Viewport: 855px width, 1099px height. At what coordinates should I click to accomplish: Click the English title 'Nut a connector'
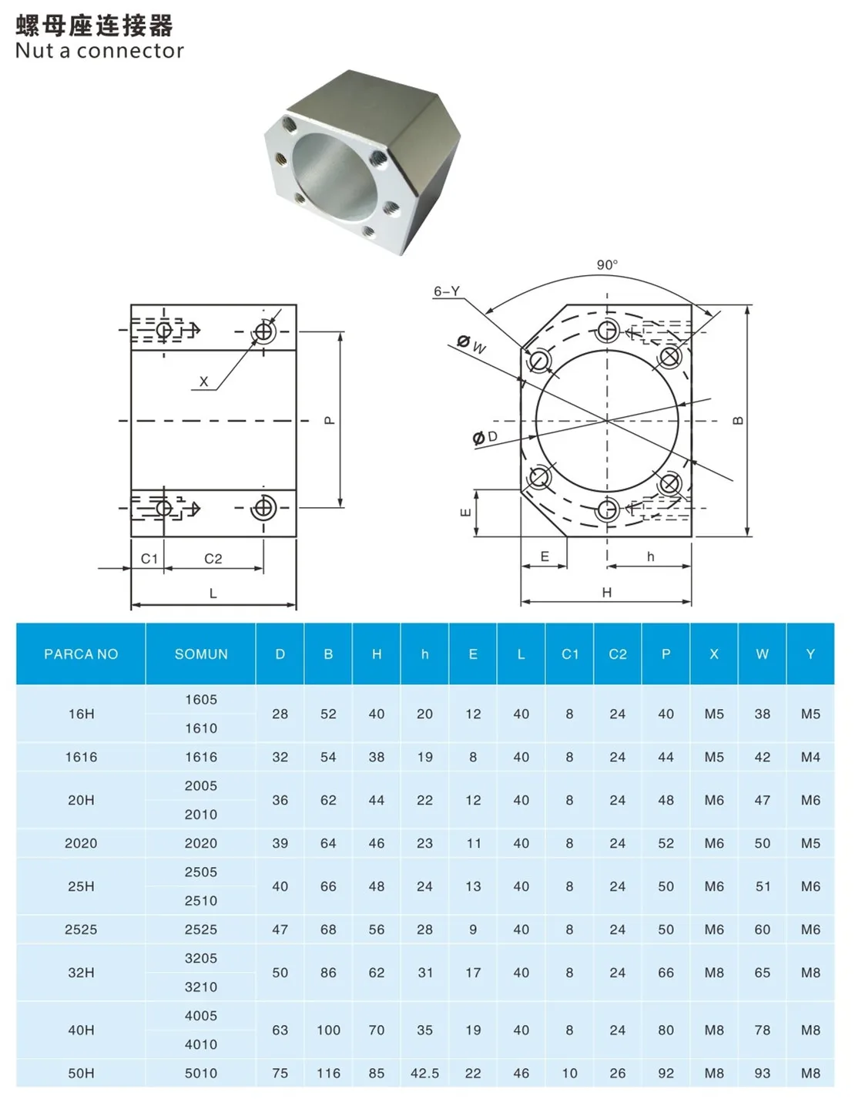[99, 51]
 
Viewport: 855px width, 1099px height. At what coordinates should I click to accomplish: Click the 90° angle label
[607, 264]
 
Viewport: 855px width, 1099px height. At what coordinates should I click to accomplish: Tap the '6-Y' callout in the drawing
[447, 291]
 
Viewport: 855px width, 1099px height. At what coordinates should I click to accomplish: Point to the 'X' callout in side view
[203, 381]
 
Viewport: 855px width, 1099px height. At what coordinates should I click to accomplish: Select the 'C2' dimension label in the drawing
[213, 559]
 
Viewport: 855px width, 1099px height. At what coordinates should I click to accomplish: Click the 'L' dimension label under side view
[213, 593]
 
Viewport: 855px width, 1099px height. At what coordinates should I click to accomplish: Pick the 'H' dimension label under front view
[607, 592]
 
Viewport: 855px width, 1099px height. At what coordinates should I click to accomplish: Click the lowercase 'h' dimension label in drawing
[651, 556]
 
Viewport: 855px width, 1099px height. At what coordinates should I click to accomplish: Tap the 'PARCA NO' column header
[81, 654]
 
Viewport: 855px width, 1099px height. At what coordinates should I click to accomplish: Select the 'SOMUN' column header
[201, 654]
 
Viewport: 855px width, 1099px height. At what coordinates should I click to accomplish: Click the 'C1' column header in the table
[569, 654]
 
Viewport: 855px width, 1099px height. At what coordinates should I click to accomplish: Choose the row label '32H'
[81, 973]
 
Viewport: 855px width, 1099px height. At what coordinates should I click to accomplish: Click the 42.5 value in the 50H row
[424, 1073]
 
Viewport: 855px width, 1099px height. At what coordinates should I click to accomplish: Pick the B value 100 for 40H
[328, 1030]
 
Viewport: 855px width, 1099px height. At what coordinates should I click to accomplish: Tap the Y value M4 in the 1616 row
[810, 757]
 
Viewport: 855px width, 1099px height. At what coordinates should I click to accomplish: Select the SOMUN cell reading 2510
[201, 900]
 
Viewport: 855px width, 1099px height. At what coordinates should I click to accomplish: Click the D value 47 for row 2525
[280, 929]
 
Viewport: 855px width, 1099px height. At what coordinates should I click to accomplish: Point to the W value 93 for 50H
[763, 1073]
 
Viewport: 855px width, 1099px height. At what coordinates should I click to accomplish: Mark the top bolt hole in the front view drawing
[607, 331]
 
